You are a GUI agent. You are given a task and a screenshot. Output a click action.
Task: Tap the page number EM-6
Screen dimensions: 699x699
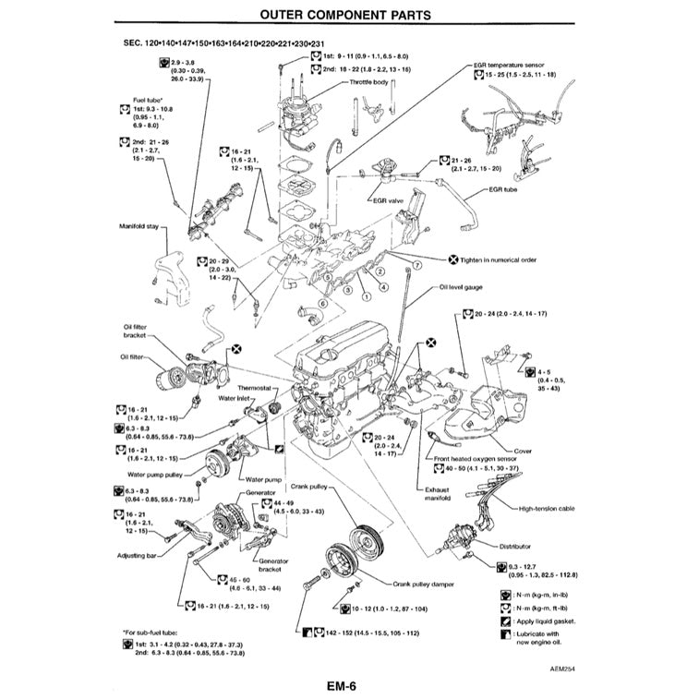click(x=341, y=686)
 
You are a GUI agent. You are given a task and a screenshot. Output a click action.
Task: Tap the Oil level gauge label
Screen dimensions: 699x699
click(x=461, y=287)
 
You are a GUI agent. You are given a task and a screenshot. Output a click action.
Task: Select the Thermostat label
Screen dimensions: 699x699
click(x=255, y=387)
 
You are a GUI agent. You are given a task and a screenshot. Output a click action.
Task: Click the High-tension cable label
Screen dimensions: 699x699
click(x=547, y=508)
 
